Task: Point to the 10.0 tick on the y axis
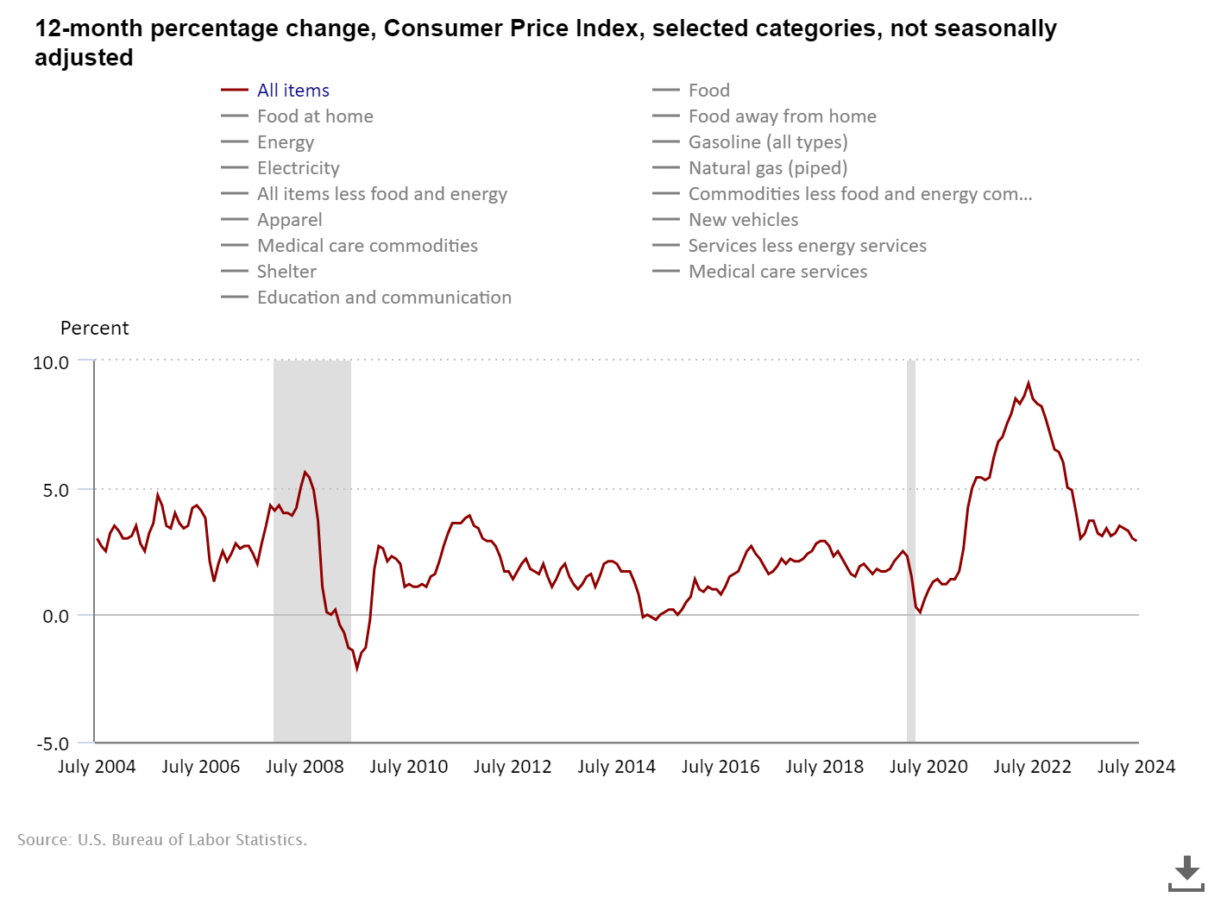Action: click(x=51, y=363)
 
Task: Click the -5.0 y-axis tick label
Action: click(x=53, y=743)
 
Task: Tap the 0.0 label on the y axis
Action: click(x=55, y=617)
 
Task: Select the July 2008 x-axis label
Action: click(x=305, y=767)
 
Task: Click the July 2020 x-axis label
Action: click(x=928, y=767)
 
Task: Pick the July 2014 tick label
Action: click(x=616, y=767)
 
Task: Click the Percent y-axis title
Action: click(x=94, y=329)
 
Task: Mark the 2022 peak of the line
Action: click(x=1028, y=383)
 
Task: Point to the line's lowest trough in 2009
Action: click(x=356, y=668)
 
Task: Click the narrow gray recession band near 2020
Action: click(x=910, y=552)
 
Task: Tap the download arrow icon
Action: click(x=1186, y=873)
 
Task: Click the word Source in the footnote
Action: click(x=43, y=840)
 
